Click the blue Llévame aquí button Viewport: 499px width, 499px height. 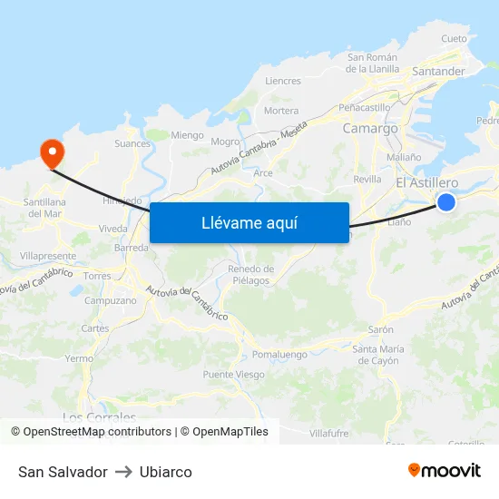[x=249, y=222]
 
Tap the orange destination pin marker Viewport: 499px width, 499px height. [x=52, y=151]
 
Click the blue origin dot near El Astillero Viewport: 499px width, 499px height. [x=446, y=202]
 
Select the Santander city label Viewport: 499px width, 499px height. [x=437, y=71]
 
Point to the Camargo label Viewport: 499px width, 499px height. [x=370, y=129]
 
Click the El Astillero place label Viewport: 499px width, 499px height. [x=427, y=183]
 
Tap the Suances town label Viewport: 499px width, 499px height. [x=132, y=143]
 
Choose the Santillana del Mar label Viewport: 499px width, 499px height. [x=44, y=208]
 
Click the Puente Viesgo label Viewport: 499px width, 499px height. [x=234, y=375]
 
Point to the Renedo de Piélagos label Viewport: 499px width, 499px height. [x=251, y=275]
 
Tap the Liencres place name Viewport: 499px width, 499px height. [x=282, y=81]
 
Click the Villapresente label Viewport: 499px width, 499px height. [x=47, y=257]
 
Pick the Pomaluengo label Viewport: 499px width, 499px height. [x=279, y=354]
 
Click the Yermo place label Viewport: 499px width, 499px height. [x=79, y=358]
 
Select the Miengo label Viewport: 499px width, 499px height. [x=188, y=135]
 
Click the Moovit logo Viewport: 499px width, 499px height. [x=444, y=471]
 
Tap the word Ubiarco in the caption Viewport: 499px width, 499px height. [x=166, y=472]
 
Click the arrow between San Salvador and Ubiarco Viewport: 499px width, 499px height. [x=123, y=472]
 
